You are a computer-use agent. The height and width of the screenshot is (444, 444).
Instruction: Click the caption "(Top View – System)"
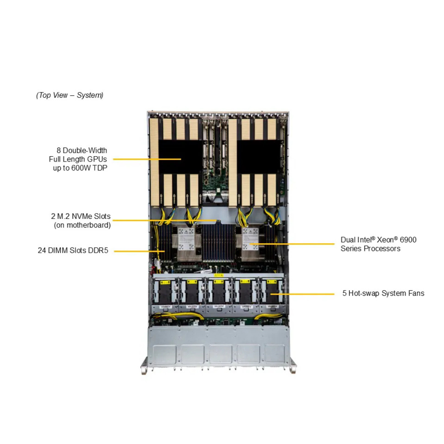70,95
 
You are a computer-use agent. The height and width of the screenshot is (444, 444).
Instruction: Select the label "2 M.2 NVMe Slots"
80,217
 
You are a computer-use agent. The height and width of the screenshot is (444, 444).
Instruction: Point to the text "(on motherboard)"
82,225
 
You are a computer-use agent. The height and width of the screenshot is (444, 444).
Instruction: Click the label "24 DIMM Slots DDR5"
73,251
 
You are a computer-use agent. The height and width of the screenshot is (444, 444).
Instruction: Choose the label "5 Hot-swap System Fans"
383,293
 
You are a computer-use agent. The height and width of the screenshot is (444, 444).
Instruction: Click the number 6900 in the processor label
408,240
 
